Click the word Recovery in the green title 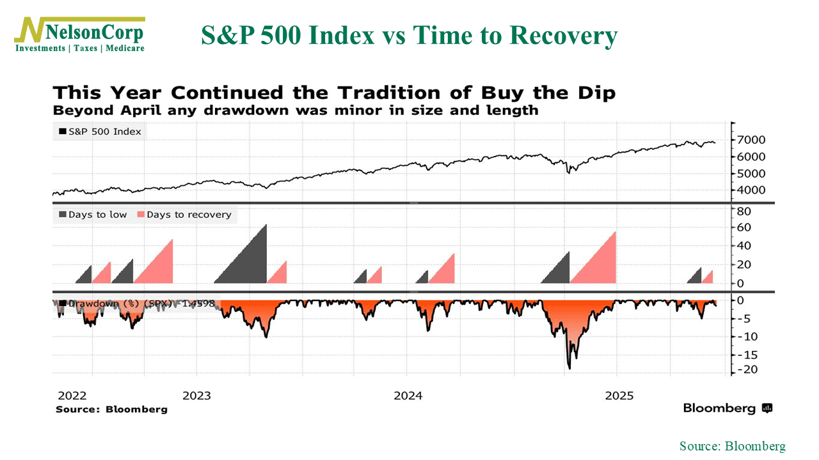tap(564, 36)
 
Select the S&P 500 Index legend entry tap(100, 132)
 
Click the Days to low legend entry tap(93, 215)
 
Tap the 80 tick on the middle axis tap(745, 211)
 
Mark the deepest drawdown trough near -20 tap(569, 367)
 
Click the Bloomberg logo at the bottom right tap(728, 408)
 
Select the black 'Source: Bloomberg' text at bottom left tap(111, 409)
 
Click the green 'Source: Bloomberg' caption tap(732, 446)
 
